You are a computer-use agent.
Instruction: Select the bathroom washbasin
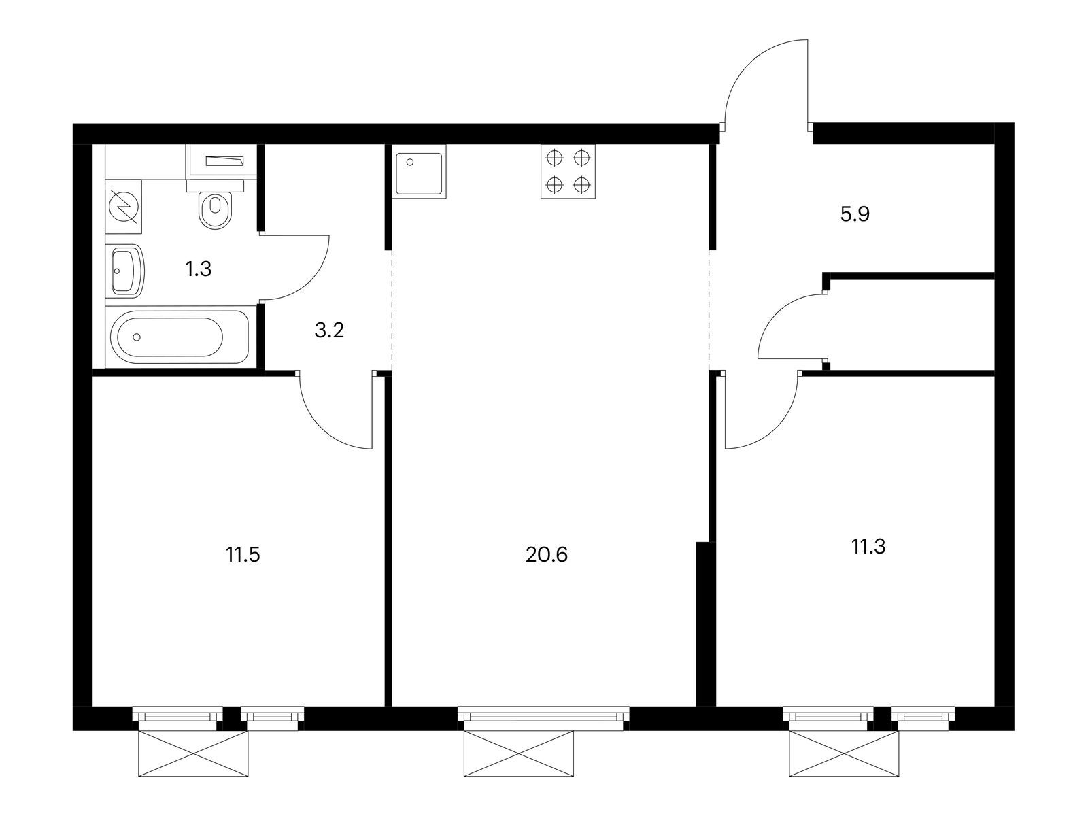(x=125, y=271)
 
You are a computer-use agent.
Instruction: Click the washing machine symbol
(x=124, y=206)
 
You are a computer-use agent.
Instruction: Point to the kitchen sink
(x=420, y=171)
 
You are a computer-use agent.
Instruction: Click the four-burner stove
(x=568, y=171)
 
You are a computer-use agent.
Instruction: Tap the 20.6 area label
(x=546, y=555)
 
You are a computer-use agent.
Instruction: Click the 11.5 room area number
(x=243, y=555)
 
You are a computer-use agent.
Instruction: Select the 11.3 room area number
(x=868, y=547)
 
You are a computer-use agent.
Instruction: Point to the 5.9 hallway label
(x=855, y=214)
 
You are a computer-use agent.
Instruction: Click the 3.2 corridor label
(x=329, y=330)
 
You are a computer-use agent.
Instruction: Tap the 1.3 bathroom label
(x=199, y=269)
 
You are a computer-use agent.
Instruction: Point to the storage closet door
(x=773, y=312)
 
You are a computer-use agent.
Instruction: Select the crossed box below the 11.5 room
(x=193, y=753)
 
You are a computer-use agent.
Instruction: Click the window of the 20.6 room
(x=543, y=715)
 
